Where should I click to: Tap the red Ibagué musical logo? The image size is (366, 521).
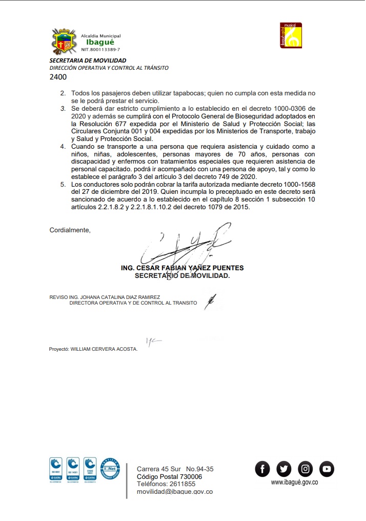click(x=291, y=35)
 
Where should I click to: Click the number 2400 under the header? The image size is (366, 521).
click(x=58, y=77)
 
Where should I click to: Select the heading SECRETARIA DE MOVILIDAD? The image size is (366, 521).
click(x=88, y=61)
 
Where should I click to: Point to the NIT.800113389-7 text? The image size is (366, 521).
click(x=101, y=50)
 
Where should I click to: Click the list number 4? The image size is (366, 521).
click(x=63, y=147)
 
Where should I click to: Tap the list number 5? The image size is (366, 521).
click(x=63, y=184)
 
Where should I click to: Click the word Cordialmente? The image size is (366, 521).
click(x=70, y=230)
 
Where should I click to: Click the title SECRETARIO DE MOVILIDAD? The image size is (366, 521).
click(x=182, y=275)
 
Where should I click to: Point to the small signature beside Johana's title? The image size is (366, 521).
click(x=210, y=300)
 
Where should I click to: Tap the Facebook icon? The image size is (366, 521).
click(x=262, y=468)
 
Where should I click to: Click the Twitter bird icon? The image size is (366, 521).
click(x=283, y=468)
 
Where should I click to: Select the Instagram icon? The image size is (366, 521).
click(x=305, y=468)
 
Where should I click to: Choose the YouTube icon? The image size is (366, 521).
click(x=327, y=468)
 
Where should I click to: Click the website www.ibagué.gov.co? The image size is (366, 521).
click(x=295, y=482)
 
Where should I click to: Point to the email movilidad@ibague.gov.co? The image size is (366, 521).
click(x=174, y=491)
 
